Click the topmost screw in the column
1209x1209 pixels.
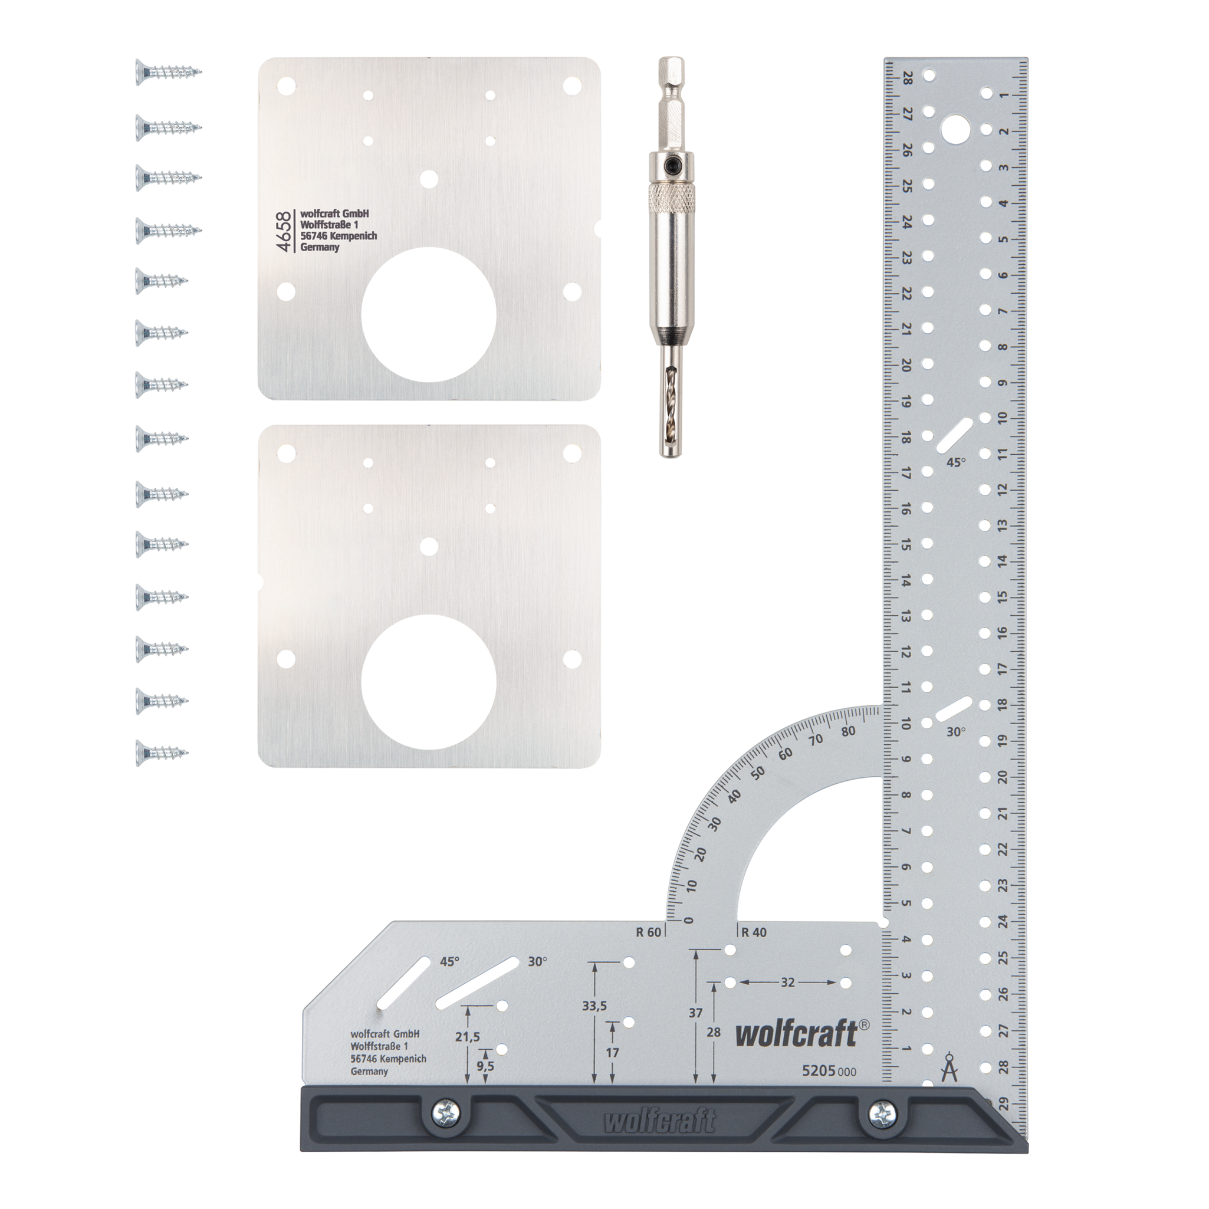pos(167,73)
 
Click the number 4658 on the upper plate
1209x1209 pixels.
pos(285,232)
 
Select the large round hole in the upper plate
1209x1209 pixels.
pos(429,314)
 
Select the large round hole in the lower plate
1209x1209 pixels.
pos(429,682)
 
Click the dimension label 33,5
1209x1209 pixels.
pos(594,1006)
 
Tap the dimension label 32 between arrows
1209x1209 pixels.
pos(787,983)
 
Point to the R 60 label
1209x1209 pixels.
pos(648,932)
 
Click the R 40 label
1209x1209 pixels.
pos(754,932)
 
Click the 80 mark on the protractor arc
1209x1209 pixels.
pos(849,731)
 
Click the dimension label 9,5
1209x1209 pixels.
pos(485,1066)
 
